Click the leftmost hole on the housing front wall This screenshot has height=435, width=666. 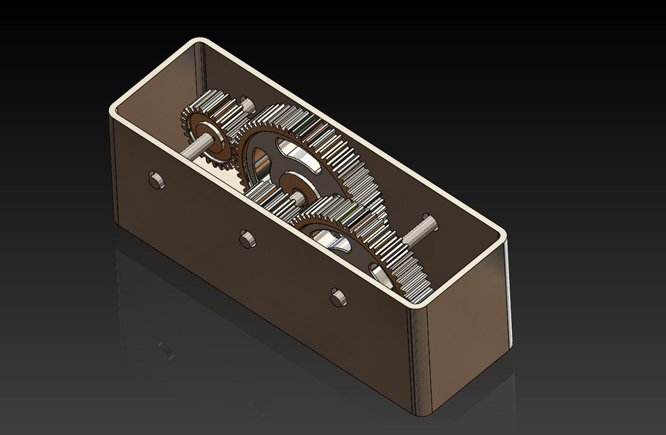[x=157, y=180]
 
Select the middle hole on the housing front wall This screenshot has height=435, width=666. [x=247, y=239]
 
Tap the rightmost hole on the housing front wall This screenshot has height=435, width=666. [x=338, y=297]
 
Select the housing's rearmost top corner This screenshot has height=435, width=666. [x=202, y=44]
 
